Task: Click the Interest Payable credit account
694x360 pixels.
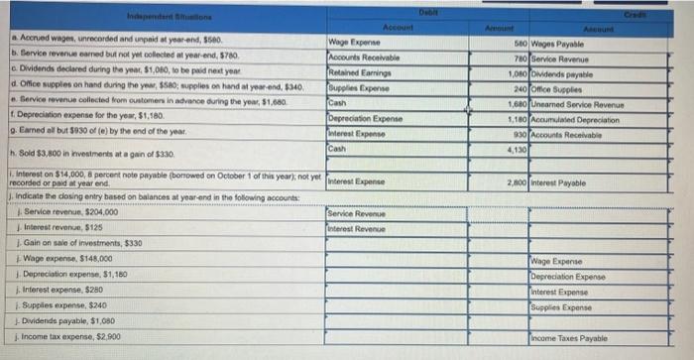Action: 566,182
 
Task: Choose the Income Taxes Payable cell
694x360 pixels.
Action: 569,339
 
